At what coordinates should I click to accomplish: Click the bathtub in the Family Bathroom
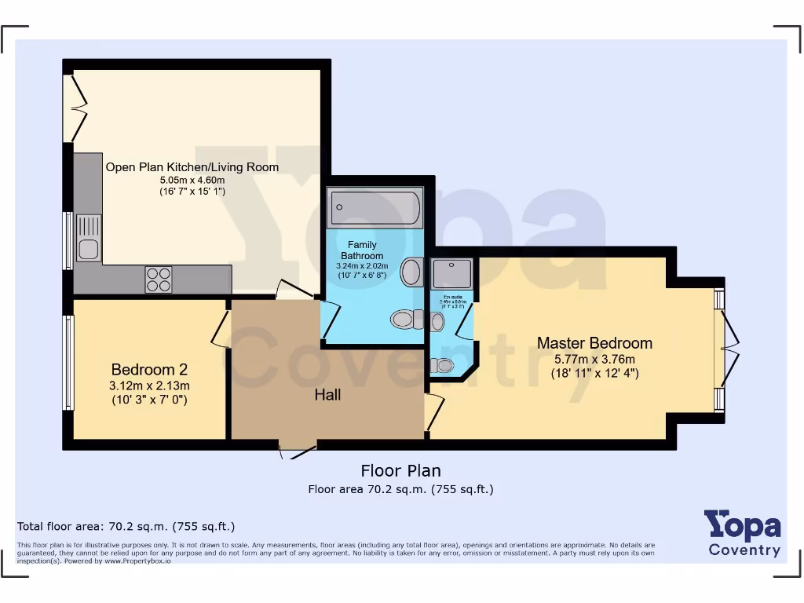tap(375, 208)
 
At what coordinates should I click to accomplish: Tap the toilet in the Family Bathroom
tap(404, 319)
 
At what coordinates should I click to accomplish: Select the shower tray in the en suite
tap(451, 273)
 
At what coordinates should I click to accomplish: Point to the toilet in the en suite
tap(443, 365)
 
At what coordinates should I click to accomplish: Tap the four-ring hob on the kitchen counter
tap(158, 280)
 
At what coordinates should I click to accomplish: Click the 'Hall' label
tap(327, 395)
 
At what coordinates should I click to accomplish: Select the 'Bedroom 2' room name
tap(149, 370)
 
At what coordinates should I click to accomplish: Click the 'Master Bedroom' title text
tap(594, 343)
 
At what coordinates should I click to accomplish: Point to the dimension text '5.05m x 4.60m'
tap(192, 180)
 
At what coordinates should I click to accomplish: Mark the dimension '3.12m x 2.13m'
tap(149, 386)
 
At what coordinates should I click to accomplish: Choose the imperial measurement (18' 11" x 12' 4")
tap(594, 373)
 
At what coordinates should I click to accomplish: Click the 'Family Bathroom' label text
tap(362, 250)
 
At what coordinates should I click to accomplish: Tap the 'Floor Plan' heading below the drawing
tap(400, 471)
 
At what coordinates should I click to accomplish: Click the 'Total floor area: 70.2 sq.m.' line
tap(126, 527)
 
